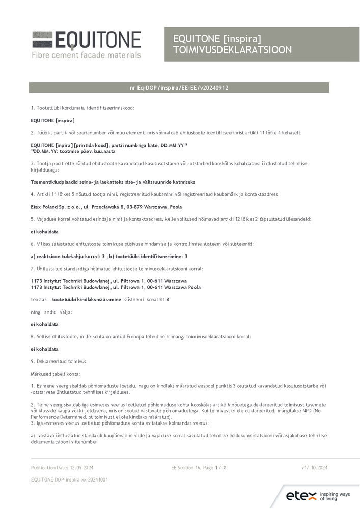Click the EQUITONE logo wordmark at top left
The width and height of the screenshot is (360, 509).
(x=87, y=40)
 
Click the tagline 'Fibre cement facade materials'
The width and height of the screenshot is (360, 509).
(x=86, y=54)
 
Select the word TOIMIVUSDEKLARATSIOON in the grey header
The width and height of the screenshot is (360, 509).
(x=232, y=50)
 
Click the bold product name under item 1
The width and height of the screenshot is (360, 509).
(x=53, y=120)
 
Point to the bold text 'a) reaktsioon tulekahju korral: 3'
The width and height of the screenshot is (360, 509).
(x=68, y=256)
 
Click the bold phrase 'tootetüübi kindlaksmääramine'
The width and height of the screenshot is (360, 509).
(x=87, y=299)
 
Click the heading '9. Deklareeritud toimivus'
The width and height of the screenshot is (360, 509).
(x=59, y=361)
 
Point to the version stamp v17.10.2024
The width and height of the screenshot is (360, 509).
(x=314, y=467)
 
